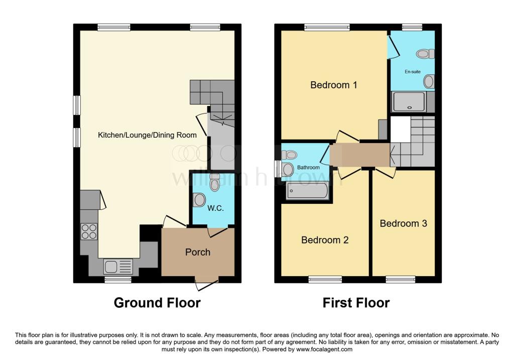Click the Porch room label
pyautogui.click(x=198, y=252)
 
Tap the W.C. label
pyautogui.click(x=215, y=208)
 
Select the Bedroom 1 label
pyautogui.click(x=333, y=85)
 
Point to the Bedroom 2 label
pyautogui.click(x=325, y=240)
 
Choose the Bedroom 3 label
pyautogui.click(x=403, y=223)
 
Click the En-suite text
pyautogui.click(x=413, y=71)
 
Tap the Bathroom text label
pyautogui.click(x=308, y=167)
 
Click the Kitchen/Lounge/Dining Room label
pyautogui.click(x=147, y=135)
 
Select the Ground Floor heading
pyautogui.click(x=157, y=303)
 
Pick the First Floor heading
pyautogui.click(x=356, y=303)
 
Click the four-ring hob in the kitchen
pyautogui.click(x=89, y=231)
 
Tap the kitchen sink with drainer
pyautogui.click(x=118, y=267)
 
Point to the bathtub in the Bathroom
pyautogui.click(x=307, y=190)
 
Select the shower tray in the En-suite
pyautogui.click(x=409, y=101)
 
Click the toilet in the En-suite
pyautogui.click(x=425, y=54)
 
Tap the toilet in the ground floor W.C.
pyautogui.click(x=215, y=182)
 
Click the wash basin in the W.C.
pyautogui.click(x=199, y=200)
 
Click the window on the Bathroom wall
pyautogui.click(x=278, y=169)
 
